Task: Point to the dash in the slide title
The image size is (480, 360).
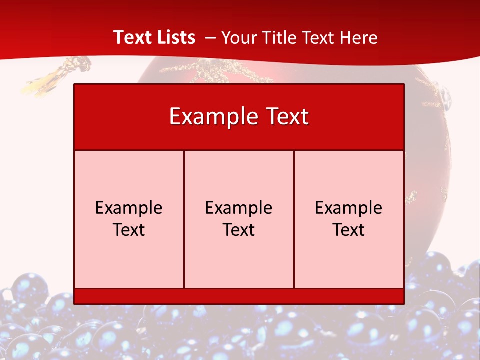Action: (210, 38)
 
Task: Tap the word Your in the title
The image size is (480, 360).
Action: (238, 38)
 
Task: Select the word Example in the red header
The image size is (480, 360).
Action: (212, 117)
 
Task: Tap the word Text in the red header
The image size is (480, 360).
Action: (286, 116)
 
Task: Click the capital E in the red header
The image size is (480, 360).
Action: (174, 116)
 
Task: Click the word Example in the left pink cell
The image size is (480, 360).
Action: (129, 208)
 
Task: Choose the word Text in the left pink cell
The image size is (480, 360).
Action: (129, 230)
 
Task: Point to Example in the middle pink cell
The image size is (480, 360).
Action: (239, 208)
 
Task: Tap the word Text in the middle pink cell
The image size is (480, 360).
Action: (239, 230)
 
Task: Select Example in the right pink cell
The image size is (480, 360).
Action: (349, 208)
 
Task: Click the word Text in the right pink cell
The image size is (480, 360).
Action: (349, 230)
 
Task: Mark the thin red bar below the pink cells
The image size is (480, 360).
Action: (239, 296)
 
